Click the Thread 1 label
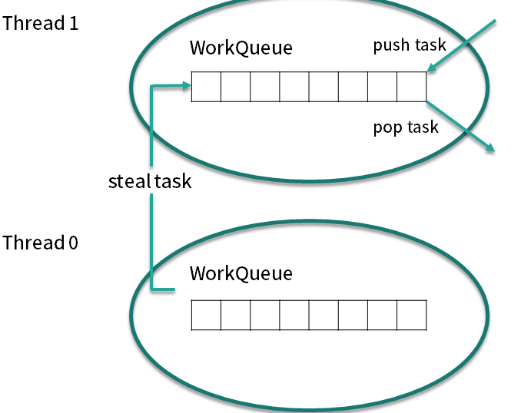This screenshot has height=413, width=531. [x=40, y=23]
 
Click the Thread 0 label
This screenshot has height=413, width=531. [x=40, y=243]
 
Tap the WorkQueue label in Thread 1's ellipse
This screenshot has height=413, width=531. [x=241, y=48]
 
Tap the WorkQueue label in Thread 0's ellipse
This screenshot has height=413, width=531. [x=241, y=273]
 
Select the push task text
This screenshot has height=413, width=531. [x=410, y=45]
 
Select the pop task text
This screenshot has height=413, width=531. [x=406, y=128]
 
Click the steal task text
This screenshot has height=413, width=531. [x=150, y=181]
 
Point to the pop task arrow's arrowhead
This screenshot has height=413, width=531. [x=490, y=147]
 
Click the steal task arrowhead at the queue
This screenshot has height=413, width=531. [x=187, y=85]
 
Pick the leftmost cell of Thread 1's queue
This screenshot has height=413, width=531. [x=206, y=87]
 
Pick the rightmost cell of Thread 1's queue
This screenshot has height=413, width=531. [x=411, y=87]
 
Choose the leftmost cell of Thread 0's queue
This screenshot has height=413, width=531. [x=206, y=315]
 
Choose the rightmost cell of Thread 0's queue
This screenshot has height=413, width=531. [x=411, y=315]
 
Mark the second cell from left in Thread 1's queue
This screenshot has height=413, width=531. [x=235, y=87]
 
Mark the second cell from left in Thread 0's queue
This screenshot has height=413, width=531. [x=235, y=315]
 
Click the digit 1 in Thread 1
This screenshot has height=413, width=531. [x=74, y=24]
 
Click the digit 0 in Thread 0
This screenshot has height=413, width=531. [x=73, y=243]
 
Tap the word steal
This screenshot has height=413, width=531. [x=129, y=181]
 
